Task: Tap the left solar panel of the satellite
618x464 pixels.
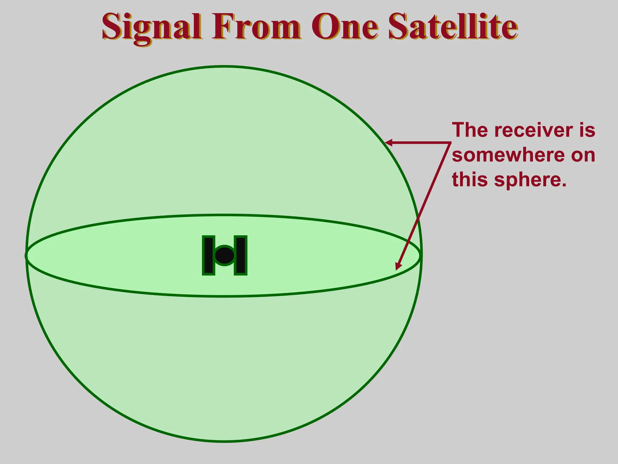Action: (209, 255)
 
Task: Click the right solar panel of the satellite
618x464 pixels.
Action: (241, 255)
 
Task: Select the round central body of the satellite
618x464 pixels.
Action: (225, 256)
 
